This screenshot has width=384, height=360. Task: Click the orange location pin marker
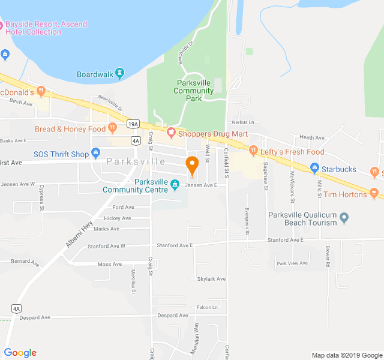[192, 164]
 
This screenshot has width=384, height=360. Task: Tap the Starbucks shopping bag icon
[314, 169]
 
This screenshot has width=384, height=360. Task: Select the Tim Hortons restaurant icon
[374, 193]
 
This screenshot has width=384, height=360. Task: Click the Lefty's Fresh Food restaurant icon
[253, 151]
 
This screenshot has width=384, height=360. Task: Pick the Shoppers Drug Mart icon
[171, 132]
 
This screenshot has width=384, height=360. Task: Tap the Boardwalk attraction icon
[119, 74]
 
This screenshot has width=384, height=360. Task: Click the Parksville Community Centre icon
[175, 184]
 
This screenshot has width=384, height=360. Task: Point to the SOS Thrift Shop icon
[95, 154]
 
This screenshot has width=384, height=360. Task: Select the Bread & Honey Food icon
[112, 128]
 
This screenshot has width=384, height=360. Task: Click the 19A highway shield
[133, 124]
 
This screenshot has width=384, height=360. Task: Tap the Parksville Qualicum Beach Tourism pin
[344, 218]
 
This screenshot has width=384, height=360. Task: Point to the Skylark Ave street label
[211, 279]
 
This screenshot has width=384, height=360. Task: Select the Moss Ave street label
[109, 264]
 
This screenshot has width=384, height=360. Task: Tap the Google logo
[20, 353]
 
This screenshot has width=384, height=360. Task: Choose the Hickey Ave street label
[117, 218]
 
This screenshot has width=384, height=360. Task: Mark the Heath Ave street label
[311, 137]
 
